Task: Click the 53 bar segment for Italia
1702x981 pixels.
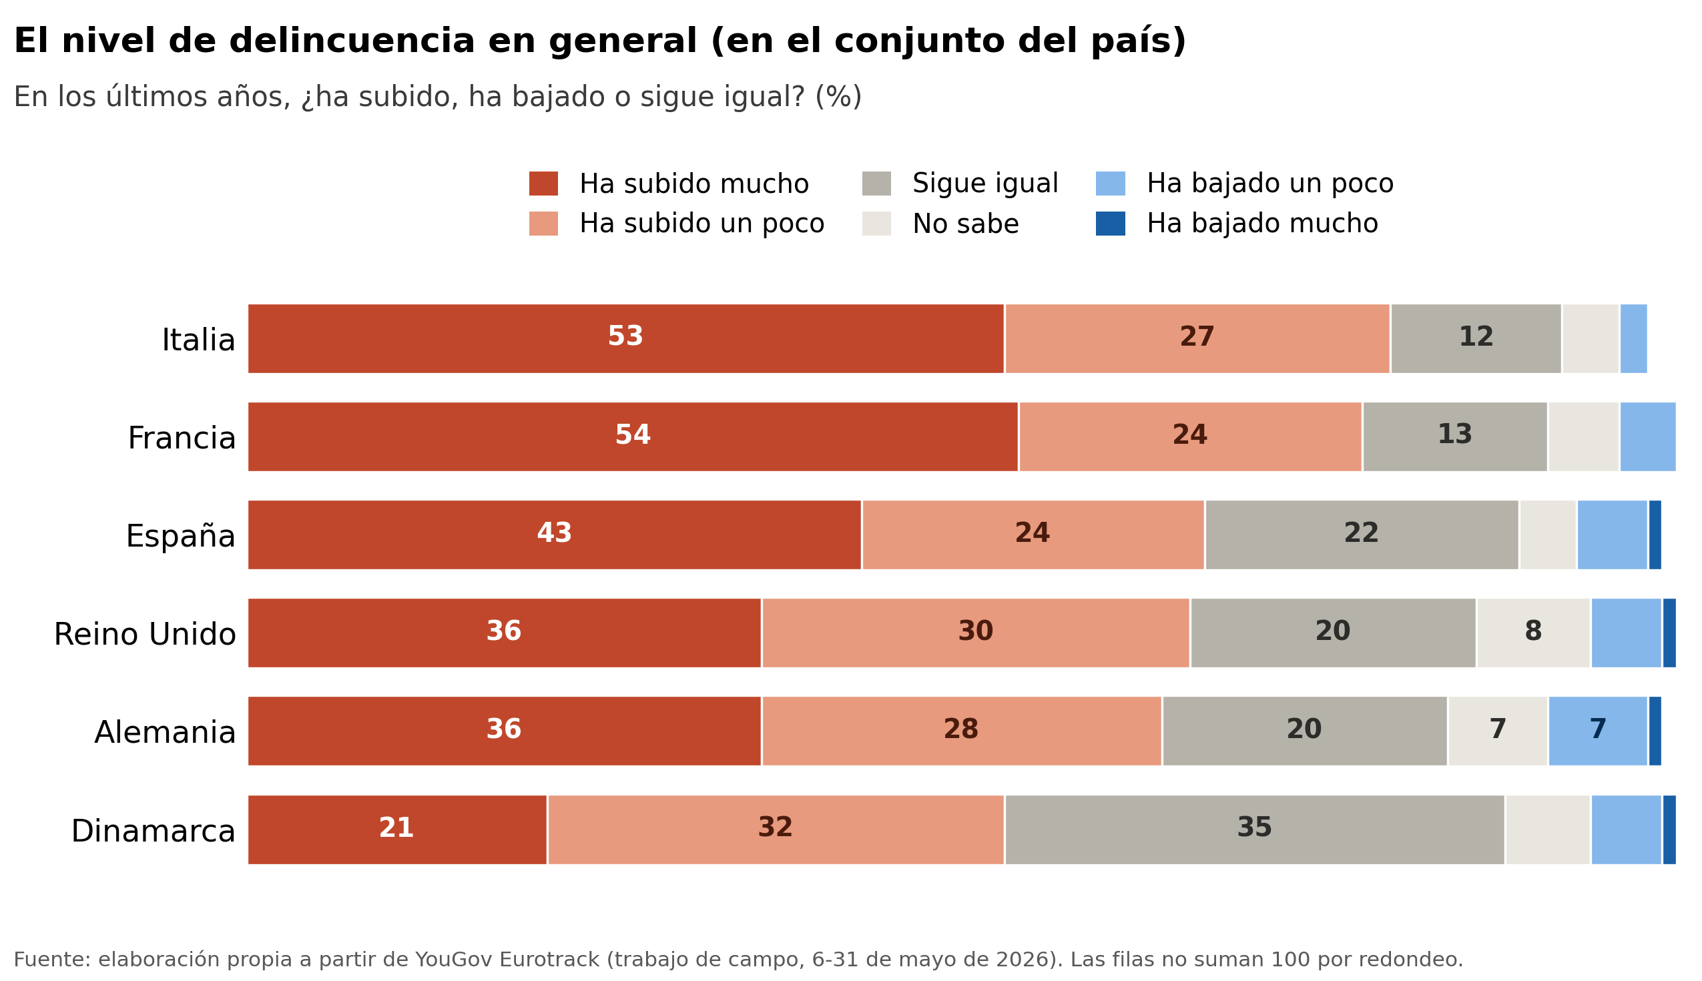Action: [625, 338]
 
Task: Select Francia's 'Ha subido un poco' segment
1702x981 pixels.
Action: [1190, 436]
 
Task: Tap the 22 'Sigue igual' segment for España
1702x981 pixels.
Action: [1361, 535]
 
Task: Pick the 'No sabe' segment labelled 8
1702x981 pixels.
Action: [1533, 633]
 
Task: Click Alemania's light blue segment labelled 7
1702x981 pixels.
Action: [1598, 731]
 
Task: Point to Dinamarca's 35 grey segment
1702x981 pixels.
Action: [1255, 830]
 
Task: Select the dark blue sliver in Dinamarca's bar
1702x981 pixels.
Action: [1669, 830]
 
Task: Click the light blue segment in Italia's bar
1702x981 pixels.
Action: [1633, 338]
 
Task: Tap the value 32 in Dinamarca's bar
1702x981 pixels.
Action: [775, 828]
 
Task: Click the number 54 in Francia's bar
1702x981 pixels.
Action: [633, 434]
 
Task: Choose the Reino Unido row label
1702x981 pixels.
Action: [145, 634]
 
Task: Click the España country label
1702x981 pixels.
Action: [181, 536]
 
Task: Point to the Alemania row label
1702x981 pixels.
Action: [165, 732]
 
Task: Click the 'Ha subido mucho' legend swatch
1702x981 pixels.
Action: [543, 184]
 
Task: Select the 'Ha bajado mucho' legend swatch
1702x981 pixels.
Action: [1110, 224]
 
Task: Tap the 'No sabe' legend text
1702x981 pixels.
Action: [966, 224]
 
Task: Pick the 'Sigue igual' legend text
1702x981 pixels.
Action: [985, 184]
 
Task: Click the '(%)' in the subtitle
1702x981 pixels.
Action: [838, 96]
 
